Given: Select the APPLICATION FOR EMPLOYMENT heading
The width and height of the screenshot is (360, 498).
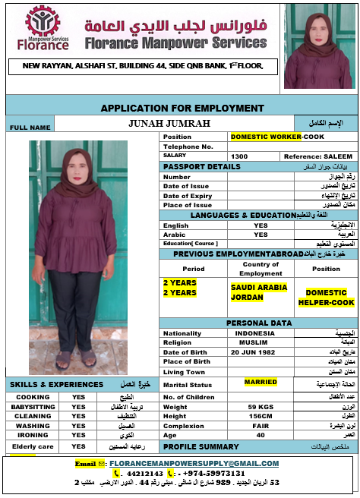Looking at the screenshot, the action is (x=182, y=108).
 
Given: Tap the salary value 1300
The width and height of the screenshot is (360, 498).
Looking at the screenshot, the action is (x=239, y=156).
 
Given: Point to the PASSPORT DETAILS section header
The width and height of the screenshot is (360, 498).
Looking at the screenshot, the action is (x=201, y=166).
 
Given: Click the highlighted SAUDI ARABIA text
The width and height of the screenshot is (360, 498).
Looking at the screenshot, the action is (x=258, y=288).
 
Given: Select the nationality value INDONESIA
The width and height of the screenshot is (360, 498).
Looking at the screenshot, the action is (x=255, y=333).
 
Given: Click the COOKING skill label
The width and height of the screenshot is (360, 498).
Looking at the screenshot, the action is (x=33, y=397).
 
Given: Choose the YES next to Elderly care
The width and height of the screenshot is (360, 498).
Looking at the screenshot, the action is (x=78, y=446).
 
